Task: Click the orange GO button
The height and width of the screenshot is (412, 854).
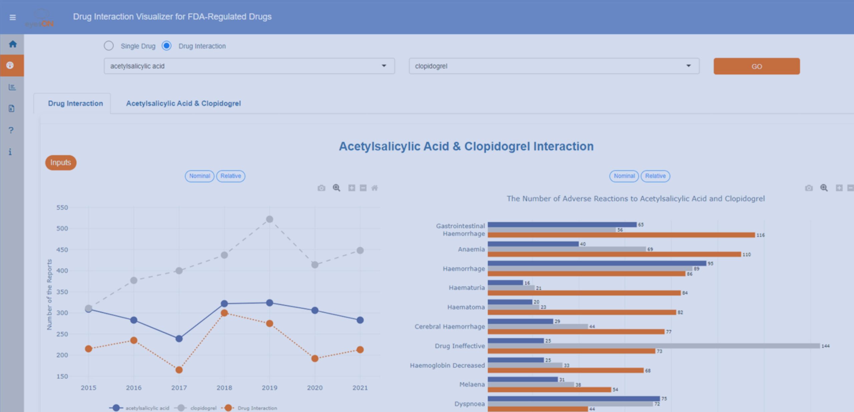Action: [x=756, y=66]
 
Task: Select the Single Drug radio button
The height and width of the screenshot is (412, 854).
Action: [x=109, y=46]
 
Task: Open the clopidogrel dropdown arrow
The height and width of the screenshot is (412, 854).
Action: [x=688, y=66]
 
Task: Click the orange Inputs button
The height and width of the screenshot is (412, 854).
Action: [x=61, y=163]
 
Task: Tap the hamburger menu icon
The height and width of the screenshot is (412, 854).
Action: [x=13, y=17]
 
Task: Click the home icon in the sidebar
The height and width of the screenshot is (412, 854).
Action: [x=13, y=44]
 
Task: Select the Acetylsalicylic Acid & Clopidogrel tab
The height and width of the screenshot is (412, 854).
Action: [x=183, y=104]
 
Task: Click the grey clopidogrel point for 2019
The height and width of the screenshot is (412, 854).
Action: [x=270, y=219]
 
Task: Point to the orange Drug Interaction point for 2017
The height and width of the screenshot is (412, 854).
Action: [x=179, y=370]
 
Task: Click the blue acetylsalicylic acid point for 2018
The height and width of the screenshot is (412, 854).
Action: [x=224, y=303]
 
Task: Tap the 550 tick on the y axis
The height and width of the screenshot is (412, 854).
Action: [x=62, y=208]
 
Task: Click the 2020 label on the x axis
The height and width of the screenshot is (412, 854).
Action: [x=315, y=388]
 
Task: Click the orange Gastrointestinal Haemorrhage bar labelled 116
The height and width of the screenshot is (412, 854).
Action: [x=621, y=235]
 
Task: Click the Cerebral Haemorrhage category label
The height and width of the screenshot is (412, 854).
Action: [x=449, y=327]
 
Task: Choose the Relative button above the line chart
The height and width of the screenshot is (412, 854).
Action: [x=231, y=176]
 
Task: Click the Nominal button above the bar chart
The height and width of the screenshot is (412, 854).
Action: [x=624, y=176]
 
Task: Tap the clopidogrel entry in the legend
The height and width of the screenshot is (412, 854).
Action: [x=203, y=408]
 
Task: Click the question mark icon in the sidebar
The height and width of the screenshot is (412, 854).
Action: [x=11, y=130]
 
